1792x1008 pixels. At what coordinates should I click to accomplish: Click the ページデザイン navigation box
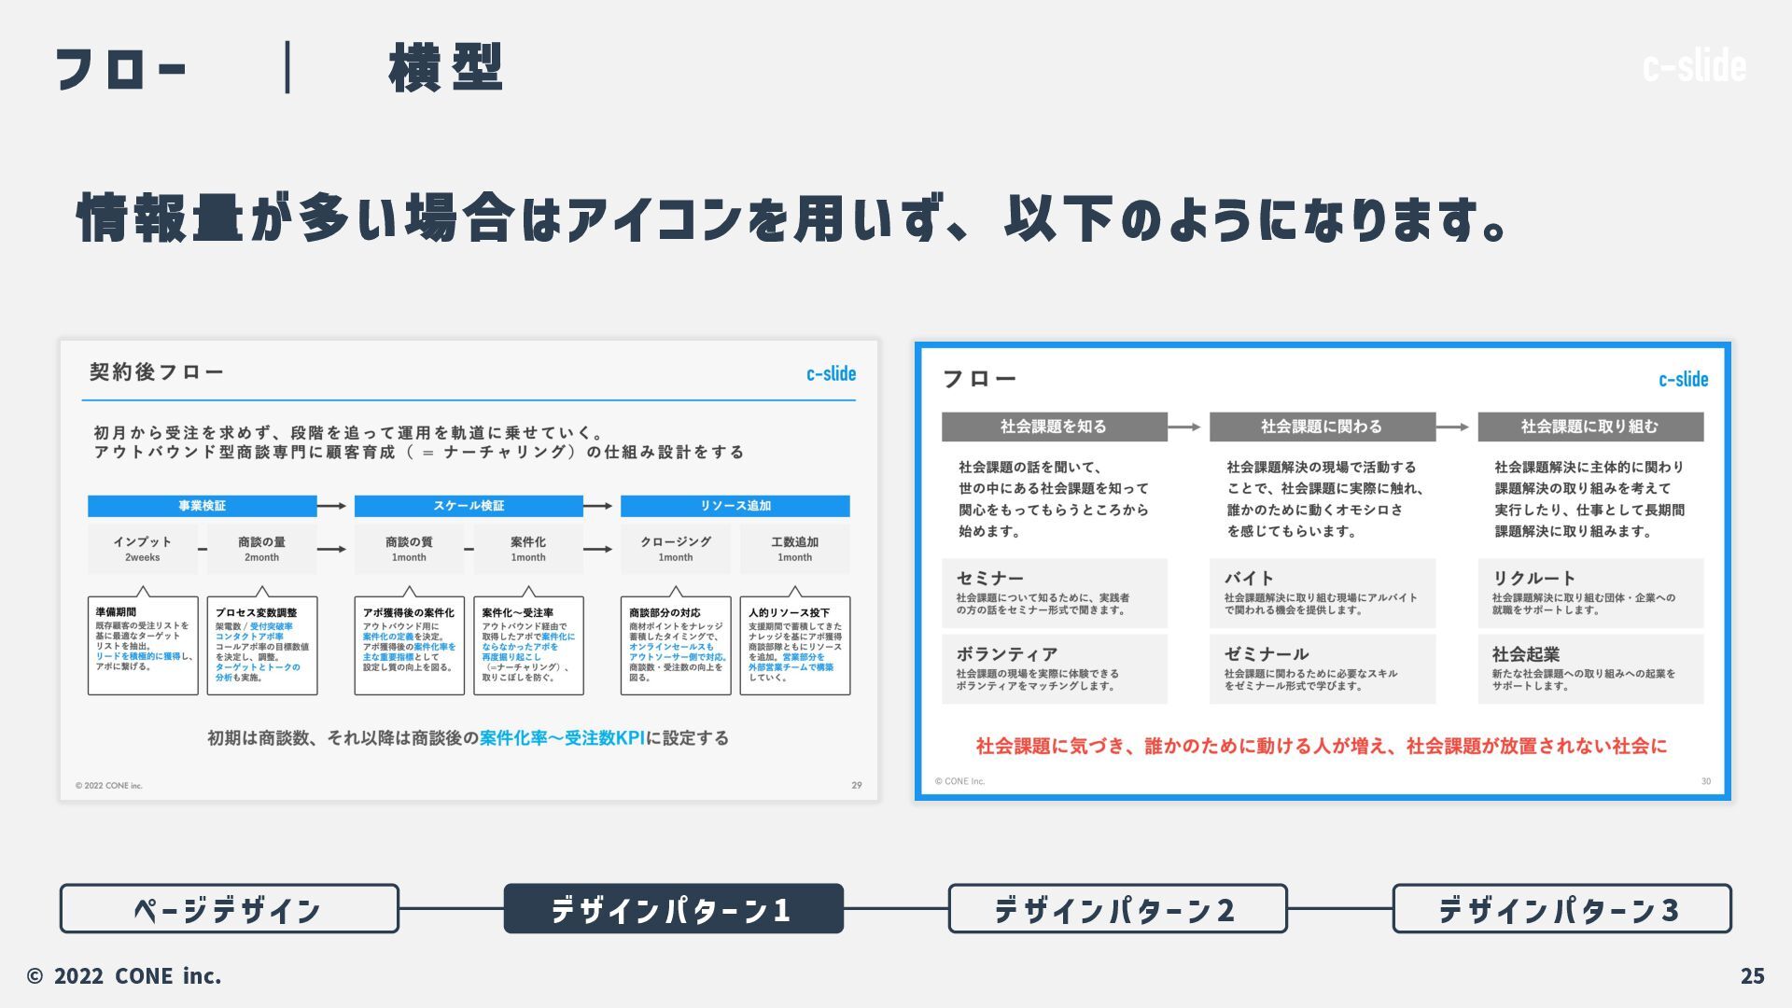(229, 908)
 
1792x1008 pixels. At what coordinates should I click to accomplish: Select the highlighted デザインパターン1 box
(673, 908)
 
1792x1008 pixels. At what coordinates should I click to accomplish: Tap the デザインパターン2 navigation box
(1117, 908)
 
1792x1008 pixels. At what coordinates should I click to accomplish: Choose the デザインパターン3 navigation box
(1561, 908)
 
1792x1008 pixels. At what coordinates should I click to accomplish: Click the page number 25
(1752, 975)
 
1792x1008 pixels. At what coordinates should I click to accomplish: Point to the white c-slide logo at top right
(1694, 65)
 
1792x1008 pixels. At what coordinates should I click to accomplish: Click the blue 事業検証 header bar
(203, 506)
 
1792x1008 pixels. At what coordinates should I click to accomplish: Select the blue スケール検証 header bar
(469, 506)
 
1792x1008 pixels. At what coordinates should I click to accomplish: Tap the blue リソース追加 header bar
(735, 506)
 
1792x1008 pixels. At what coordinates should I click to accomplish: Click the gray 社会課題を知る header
(1054, 427)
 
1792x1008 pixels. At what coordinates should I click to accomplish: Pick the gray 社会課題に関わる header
(1322, 427)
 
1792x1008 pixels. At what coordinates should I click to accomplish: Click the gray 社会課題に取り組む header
(1589, 427)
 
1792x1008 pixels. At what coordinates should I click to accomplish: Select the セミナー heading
(989, 578)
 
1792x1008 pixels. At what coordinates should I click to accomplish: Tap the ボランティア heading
(1006, 654)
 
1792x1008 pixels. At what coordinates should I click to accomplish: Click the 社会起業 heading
(1525, 654)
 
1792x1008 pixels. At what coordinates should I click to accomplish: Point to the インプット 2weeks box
(143, 549)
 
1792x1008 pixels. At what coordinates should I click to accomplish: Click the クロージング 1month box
(676, 549)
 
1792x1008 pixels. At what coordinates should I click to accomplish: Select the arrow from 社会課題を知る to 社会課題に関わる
(1183, 427)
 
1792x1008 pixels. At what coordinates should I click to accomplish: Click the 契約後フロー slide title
(157, 372)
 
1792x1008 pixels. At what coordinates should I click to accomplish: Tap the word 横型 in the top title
(446, 67)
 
